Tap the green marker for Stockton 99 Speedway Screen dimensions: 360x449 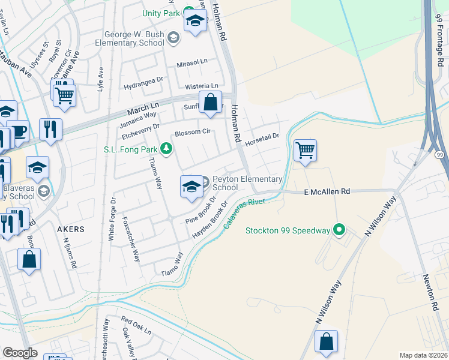pyautogui.click(x=339, y=230)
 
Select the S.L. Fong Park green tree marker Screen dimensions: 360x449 pyautogui.click(x=166, y=149)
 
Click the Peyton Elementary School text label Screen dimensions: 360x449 pyautogui.click(x=247, y=183)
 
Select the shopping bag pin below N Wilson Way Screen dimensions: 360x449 pyautogui.click(x=326, y=341)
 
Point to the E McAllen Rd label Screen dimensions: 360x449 pyautogui.click(x=327, y=191)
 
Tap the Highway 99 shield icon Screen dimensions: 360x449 pyautogui.click(x=440, y=154)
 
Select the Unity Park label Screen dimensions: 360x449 pyautogui.click(x=161, y=13)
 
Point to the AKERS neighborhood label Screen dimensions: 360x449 pyautogui.click(x=70, y=229)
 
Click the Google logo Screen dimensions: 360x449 pyautogui.click(x=20, y=353)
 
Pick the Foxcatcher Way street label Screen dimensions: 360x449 pyautogui.click(x=131, y=240)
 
